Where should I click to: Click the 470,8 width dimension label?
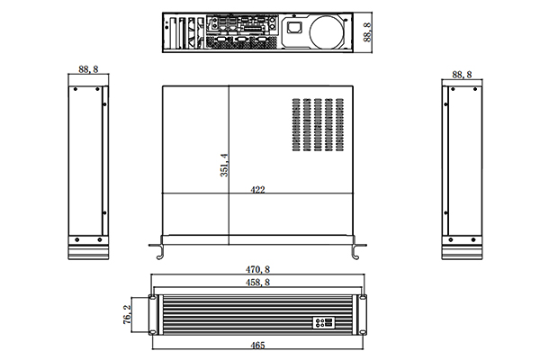257,269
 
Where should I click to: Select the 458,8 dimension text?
257,283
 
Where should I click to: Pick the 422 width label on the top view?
256,190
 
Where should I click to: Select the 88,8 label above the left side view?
88,69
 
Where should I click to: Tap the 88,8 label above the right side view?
461,74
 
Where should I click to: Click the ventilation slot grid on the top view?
319,123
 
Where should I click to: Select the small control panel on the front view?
321,322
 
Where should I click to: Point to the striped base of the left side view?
88,250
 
